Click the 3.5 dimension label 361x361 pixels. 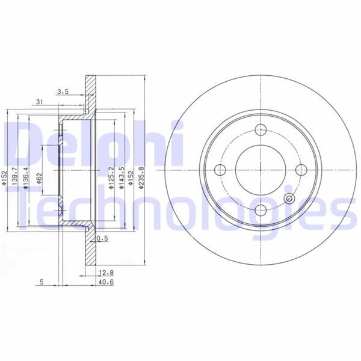point(63,92)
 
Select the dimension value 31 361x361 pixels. point(39,101)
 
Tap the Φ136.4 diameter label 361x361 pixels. point(25,178)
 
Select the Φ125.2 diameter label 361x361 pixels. point(111,178)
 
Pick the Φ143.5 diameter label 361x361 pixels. point(121,178)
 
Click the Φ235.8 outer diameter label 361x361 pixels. point(140,178)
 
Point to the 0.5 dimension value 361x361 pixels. point(102,238)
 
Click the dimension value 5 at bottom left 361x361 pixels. point(40,281)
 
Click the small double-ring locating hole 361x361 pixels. point(289,200)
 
